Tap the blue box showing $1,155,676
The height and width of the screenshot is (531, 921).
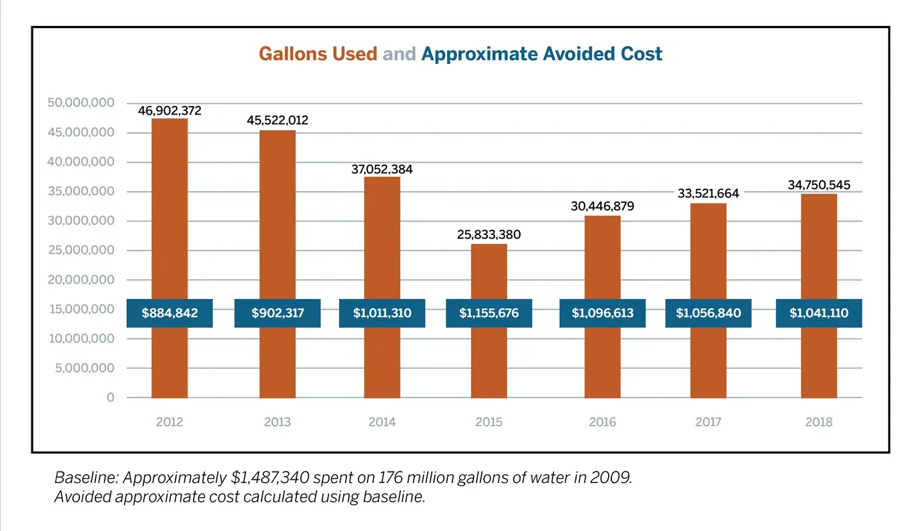tap(489, 313)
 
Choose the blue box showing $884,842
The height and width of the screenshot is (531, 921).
tap(170, 313)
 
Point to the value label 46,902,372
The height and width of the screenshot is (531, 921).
tap(170, 111)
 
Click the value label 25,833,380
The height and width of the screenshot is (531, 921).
tap(489, 235)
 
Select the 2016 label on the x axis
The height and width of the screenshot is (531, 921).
tap(602, 422)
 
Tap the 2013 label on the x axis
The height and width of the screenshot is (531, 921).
tap(277, 422)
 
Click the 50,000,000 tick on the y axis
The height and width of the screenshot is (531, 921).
tap(81, 103)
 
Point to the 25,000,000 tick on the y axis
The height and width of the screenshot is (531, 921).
tap(81, 250)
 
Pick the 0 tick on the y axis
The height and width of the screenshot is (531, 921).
tap(110, 398)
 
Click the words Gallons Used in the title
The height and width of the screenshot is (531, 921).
tap(318, 54)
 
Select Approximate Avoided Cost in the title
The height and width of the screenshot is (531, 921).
tap(541, 54)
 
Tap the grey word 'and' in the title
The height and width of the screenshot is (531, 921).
tap(399, 54)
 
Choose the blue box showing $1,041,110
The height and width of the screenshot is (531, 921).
tap(818, 313)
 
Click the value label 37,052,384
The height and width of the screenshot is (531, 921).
tap(382, 169)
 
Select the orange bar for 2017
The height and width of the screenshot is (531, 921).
tap(708, 300)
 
